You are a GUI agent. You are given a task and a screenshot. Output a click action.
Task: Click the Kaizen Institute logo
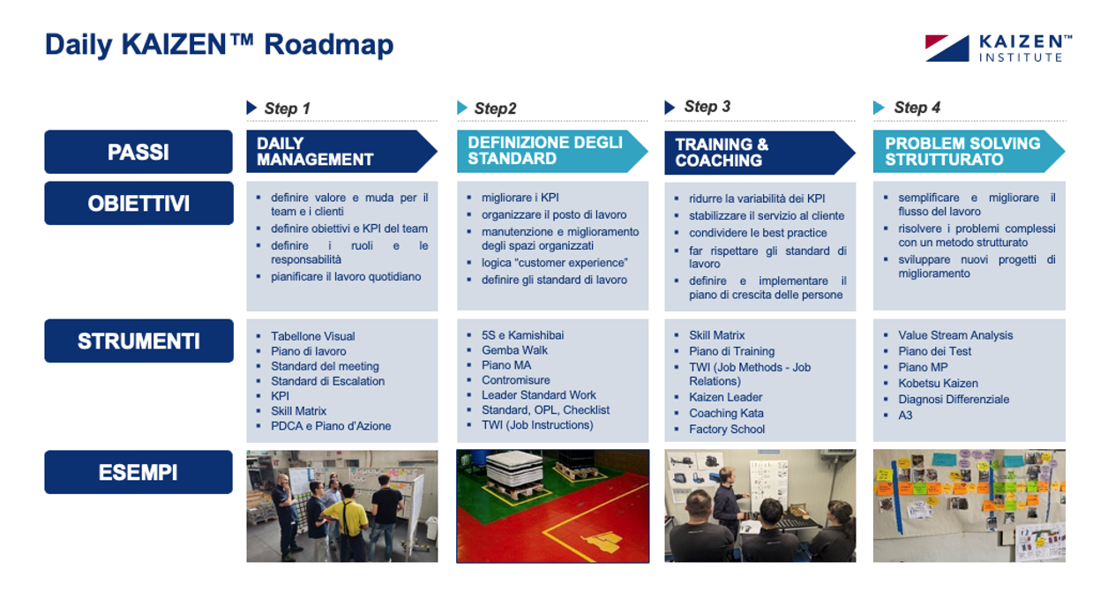point(998,49)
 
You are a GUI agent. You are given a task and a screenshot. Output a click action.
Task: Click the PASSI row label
point(138,152)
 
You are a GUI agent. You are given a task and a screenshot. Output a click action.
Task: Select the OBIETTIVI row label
point(138,203)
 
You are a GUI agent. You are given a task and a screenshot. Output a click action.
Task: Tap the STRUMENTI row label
point(138,341)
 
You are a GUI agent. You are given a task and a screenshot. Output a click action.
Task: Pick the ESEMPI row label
point(138,472)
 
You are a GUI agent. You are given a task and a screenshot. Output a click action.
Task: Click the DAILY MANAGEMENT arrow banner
point(341,152)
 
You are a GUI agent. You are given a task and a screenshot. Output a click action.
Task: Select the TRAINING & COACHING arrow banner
point(760,153)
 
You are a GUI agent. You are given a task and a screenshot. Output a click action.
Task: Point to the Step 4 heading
point(917,108)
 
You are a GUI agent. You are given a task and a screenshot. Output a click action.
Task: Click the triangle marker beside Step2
point(462,108)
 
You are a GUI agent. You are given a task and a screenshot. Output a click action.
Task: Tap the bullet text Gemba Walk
point(514,350)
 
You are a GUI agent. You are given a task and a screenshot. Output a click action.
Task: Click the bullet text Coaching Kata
point(726,413)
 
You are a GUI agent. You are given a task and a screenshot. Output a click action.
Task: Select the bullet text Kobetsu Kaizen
point(938,384)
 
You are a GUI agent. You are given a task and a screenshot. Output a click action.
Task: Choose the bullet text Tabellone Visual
point(312,336)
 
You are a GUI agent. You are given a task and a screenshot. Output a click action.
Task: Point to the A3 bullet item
point(905,416)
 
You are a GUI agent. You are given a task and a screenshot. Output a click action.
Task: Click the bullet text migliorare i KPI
point(520,198)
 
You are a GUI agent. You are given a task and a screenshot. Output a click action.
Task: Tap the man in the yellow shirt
point(345,520)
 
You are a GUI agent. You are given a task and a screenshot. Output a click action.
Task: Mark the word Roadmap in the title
point(328,45)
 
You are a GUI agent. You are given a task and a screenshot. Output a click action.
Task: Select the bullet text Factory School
point(727,430)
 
